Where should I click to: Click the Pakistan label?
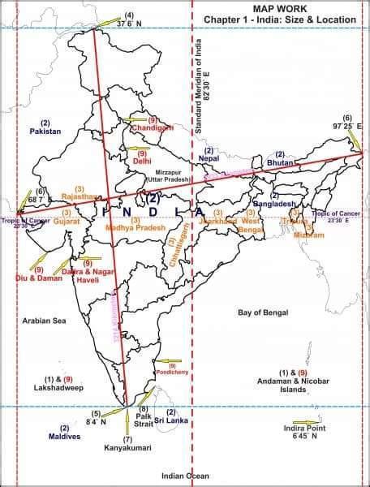coord(45,131)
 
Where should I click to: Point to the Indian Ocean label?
coord(185,476)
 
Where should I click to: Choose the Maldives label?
coord(64,437)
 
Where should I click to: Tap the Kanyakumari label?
coord(127,447)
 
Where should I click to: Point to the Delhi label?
coord(142,161)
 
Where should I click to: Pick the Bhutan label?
coord(280,163)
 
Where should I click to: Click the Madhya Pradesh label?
coord(135,229)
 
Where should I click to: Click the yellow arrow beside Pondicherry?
coord(168,361)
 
